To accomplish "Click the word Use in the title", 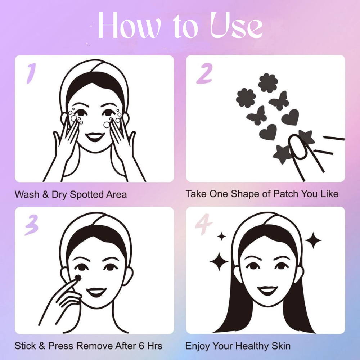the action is tap(237, 26).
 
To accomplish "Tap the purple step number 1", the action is tap(31, 73).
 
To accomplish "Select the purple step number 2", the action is tap(204, 73).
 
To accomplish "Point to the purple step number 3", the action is tap(31, 225).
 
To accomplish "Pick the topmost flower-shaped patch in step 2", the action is tap(268, 83).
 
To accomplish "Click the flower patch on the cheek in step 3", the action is tap(78, 278).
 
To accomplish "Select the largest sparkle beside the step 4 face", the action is tap(219, 261).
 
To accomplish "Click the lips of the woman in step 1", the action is tap(95, 137).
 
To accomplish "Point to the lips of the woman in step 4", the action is tap(267, 290).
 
